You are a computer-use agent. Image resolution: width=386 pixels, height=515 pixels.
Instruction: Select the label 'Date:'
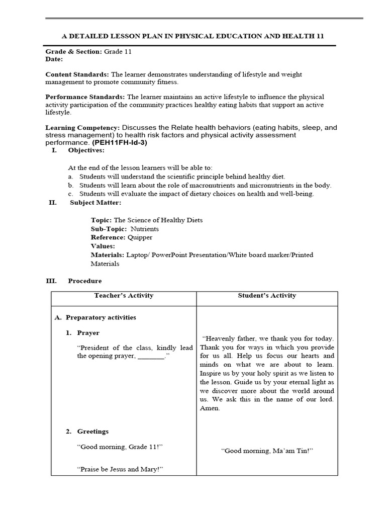coord(54,59)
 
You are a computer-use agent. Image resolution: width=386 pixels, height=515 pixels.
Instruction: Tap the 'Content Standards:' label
coord(77,74)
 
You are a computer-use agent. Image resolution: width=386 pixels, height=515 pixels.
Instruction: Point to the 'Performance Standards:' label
coord(85,97)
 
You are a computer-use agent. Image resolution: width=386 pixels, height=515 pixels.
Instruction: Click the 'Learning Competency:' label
coord(82,128)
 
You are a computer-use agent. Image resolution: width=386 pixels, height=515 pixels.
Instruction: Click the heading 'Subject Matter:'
coord(95,203)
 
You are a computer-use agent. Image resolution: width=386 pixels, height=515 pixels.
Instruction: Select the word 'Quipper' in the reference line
coord(140,237)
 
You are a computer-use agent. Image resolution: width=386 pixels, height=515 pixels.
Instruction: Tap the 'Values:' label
coord(103,246)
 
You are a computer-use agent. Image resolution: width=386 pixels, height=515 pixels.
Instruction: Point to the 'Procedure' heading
coord(85,281)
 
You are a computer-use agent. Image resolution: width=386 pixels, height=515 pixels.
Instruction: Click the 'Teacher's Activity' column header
coord(124,296)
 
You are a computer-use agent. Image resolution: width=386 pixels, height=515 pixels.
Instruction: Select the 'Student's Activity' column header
coord(267,296)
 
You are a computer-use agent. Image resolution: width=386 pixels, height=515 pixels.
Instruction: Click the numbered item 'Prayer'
coord(88,333)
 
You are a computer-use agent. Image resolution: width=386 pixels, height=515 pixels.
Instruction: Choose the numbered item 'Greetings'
coord(92,432)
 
